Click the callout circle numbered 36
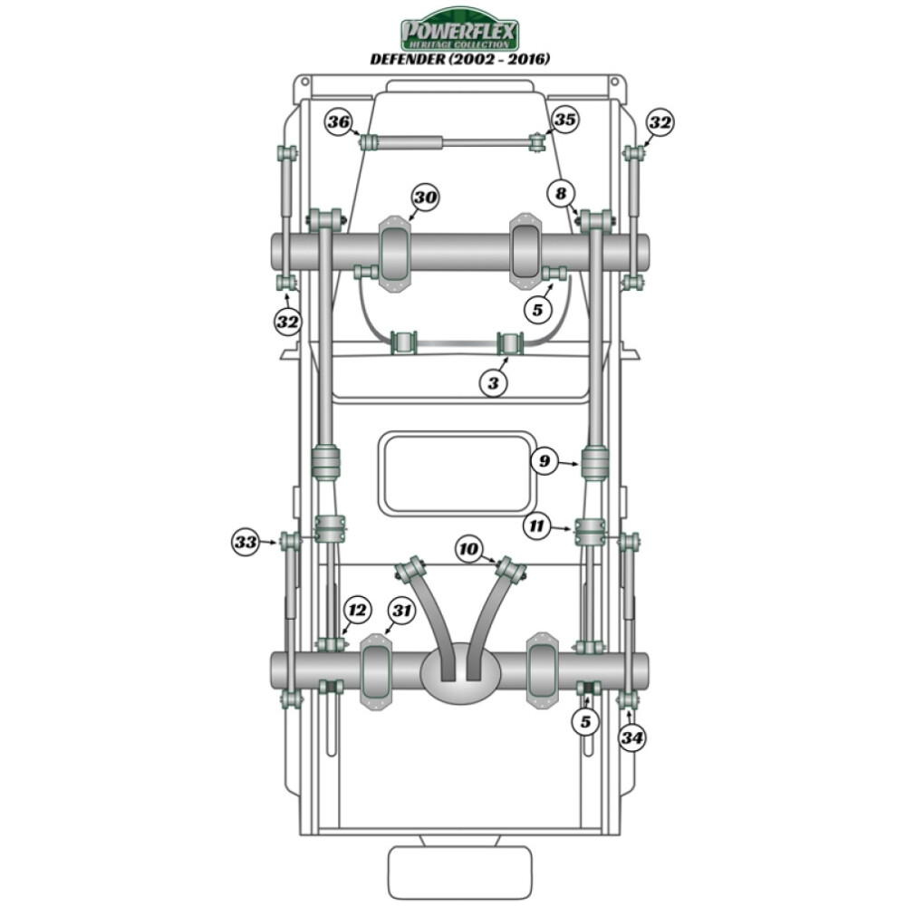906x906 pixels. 339,122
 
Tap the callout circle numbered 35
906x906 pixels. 564,120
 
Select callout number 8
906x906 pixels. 561,193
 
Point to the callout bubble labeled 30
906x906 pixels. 425,198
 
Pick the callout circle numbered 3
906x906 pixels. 494,383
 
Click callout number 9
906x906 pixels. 545,462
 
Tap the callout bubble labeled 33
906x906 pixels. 246,543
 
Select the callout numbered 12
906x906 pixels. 357,611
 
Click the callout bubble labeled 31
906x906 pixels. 401,611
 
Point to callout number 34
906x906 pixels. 632,738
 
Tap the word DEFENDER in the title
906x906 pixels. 406,59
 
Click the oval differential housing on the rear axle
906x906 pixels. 460,672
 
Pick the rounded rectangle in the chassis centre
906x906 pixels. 458,473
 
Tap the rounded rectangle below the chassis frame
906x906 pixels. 459,872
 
